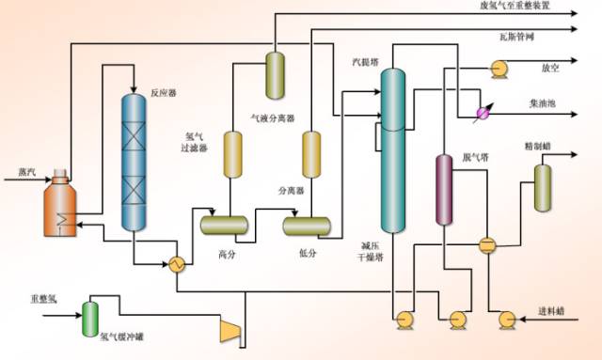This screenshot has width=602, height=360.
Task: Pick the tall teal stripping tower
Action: (x=392, y=150)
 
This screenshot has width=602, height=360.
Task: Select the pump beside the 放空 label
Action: (x=498, y=69)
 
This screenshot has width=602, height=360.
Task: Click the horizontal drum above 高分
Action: (x=224, y=226)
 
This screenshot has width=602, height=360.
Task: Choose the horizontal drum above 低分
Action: (x=307, y=226)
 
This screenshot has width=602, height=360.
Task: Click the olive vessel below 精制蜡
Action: (x=543, y=188)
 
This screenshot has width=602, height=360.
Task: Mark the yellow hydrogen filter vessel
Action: (x=232, y=154)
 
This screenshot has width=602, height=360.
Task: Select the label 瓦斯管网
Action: (x=516, y=37)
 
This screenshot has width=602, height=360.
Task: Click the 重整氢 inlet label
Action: (x=43, y=299)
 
